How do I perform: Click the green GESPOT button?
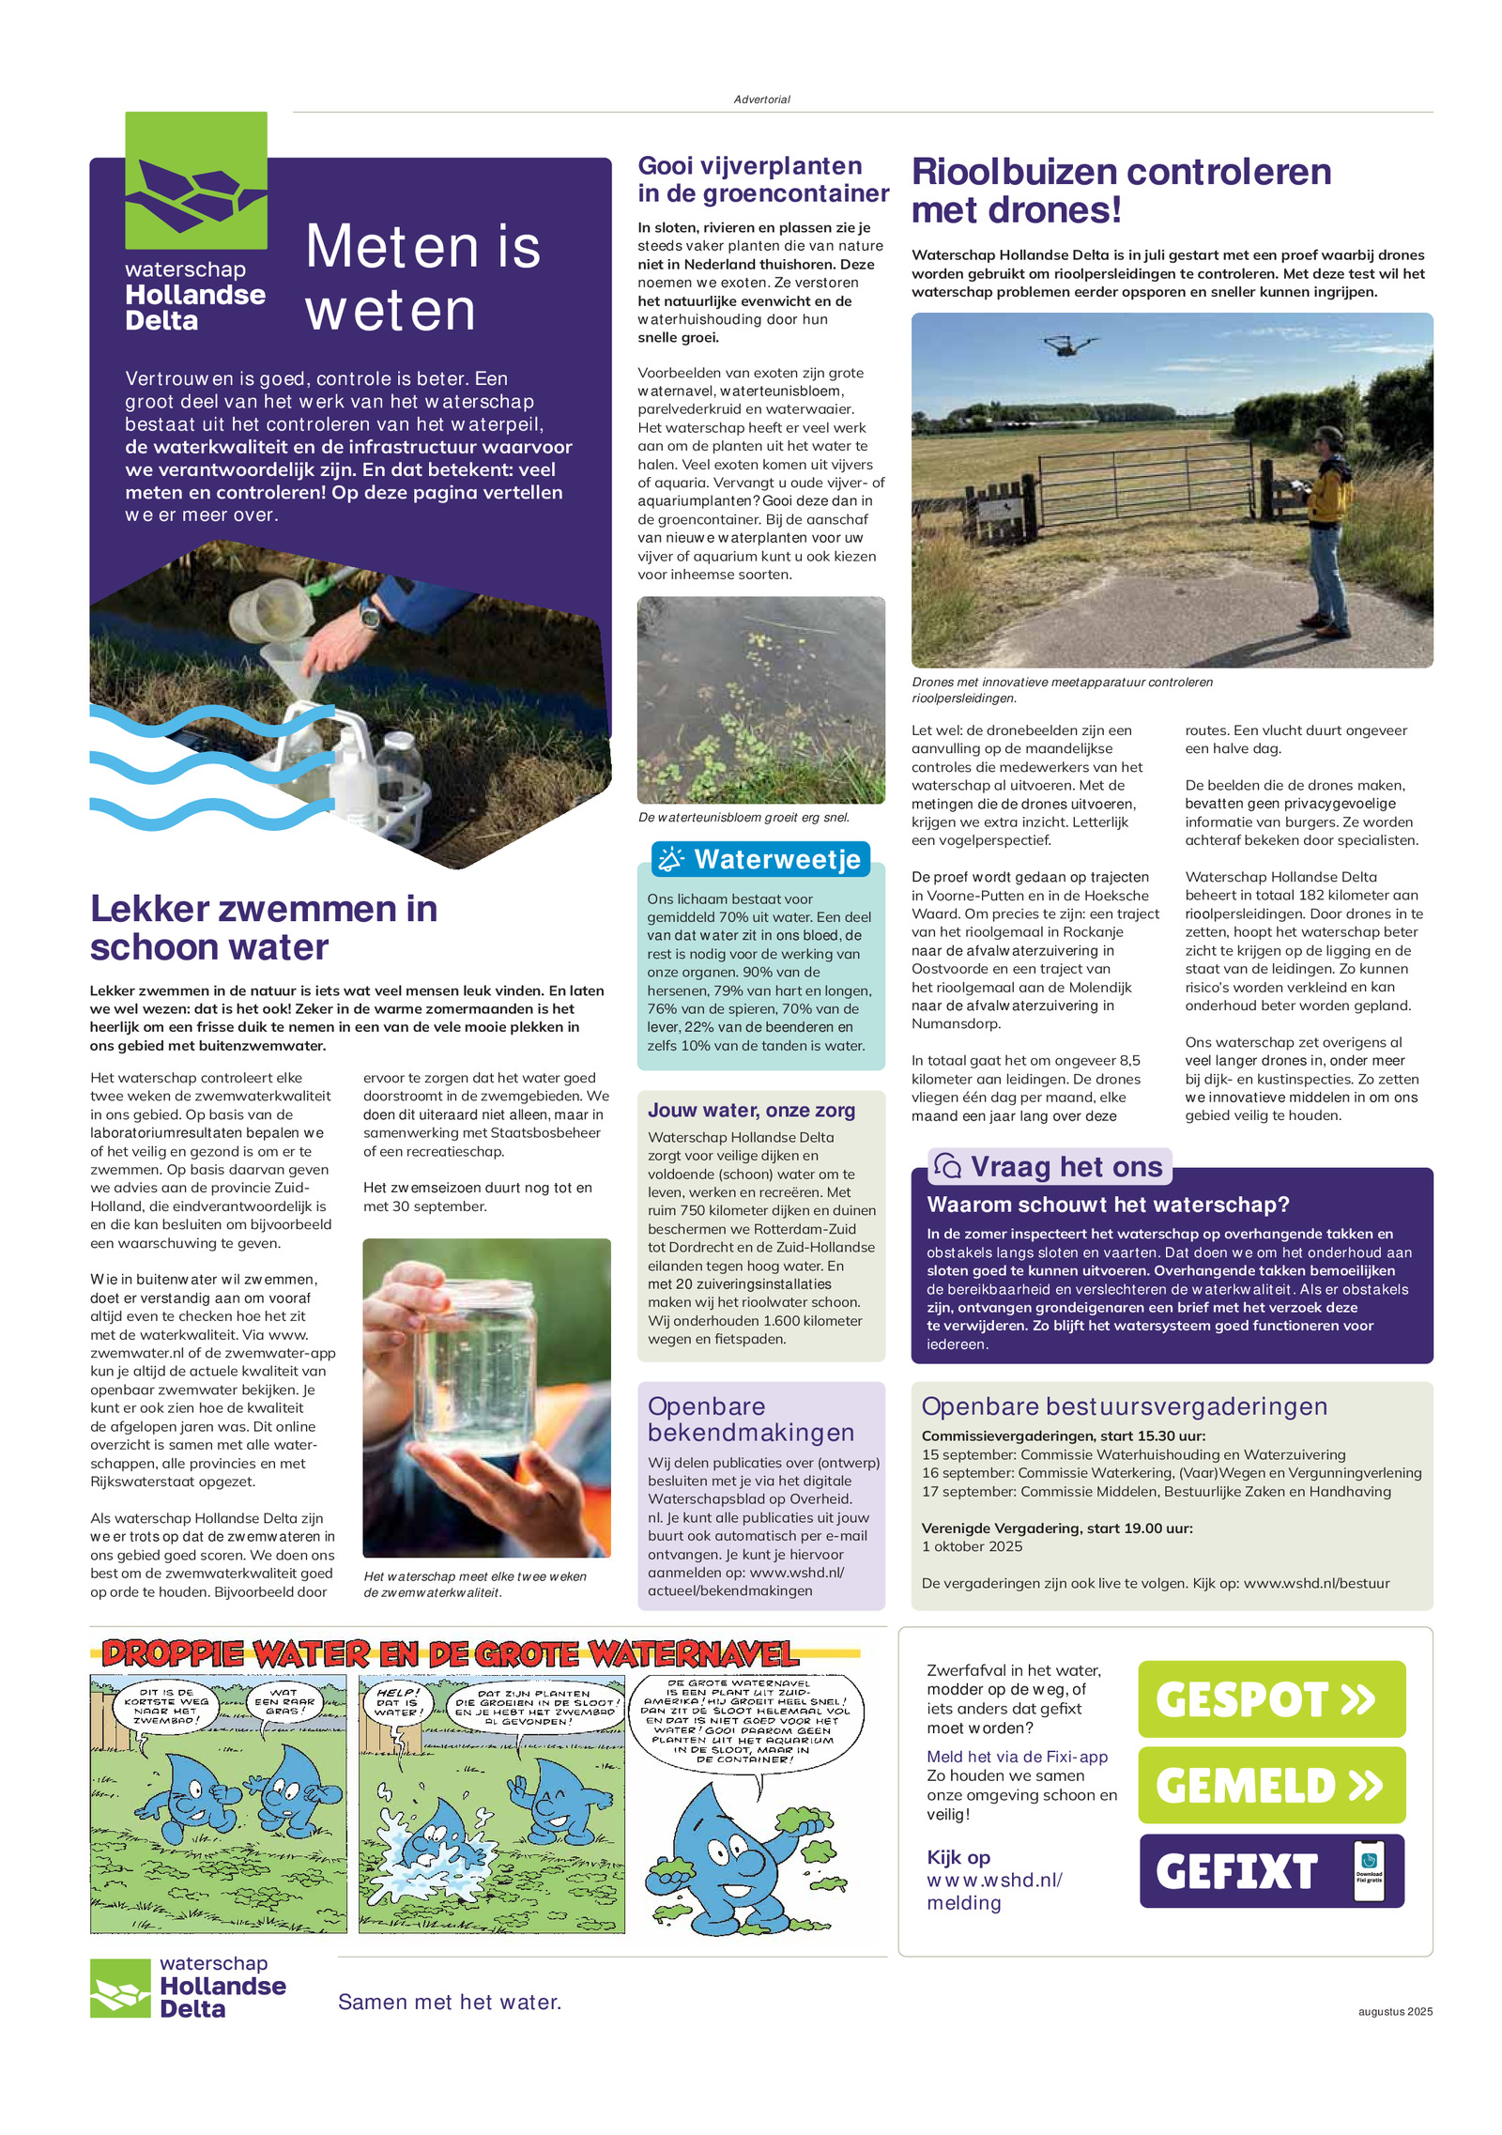(x=1271, y=1699)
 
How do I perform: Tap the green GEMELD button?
(x=1271, y=1785)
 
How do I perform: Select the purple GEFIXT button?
(x=1271, y=1871)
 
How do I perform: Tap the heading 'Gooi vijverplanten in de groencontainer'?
(x=762, y=179)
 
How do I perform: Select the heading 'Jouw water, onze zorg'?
(x=751, y=1110)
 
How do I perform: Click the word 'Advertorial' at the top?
(x=761, y=100)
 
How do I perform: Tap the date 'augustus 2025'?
(x=1394, y=2011)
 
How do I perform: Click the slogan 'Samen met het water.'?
(x=450, y=2002)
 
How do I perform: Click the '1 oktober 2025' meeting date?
(x=972, y=1546)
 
